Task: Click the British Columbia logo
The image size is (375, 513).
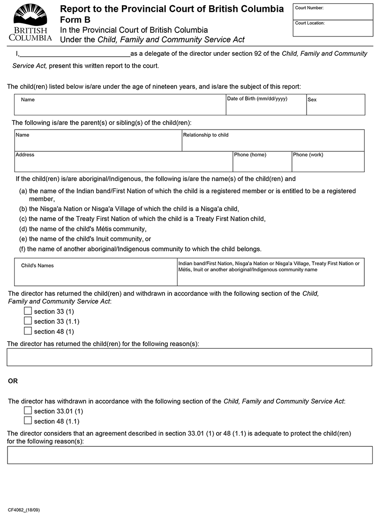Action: click(30, 22)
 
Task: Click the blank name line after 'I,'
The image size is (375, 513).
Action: click(75, 54)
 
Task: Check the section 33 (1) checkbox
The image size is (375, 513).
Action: click(28, 311)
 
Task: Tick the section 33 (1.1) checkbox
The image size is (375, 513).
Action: click(28, 321)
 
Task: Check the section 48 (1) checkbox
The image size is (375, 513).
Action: click(28, 331)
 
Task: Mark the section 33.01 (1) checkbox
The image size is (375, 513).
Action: click(28, 411)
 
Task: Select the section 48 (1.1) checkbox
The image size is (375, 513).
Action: click(28, 421)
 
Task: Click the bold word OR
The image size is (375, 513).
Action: click(13, 381)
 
